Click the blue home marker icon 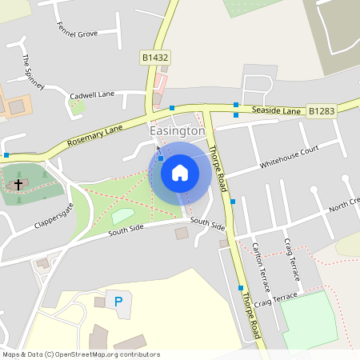pos(180,172)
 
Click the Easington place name pos(178,130)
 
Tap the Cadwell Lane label pos(92,94)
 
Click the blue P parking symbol pos(118,302)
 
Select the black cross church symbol pos(18,184)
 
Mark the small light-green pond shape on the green pos(122,215)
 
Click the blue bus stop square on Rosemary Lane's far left pos(6,154)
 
